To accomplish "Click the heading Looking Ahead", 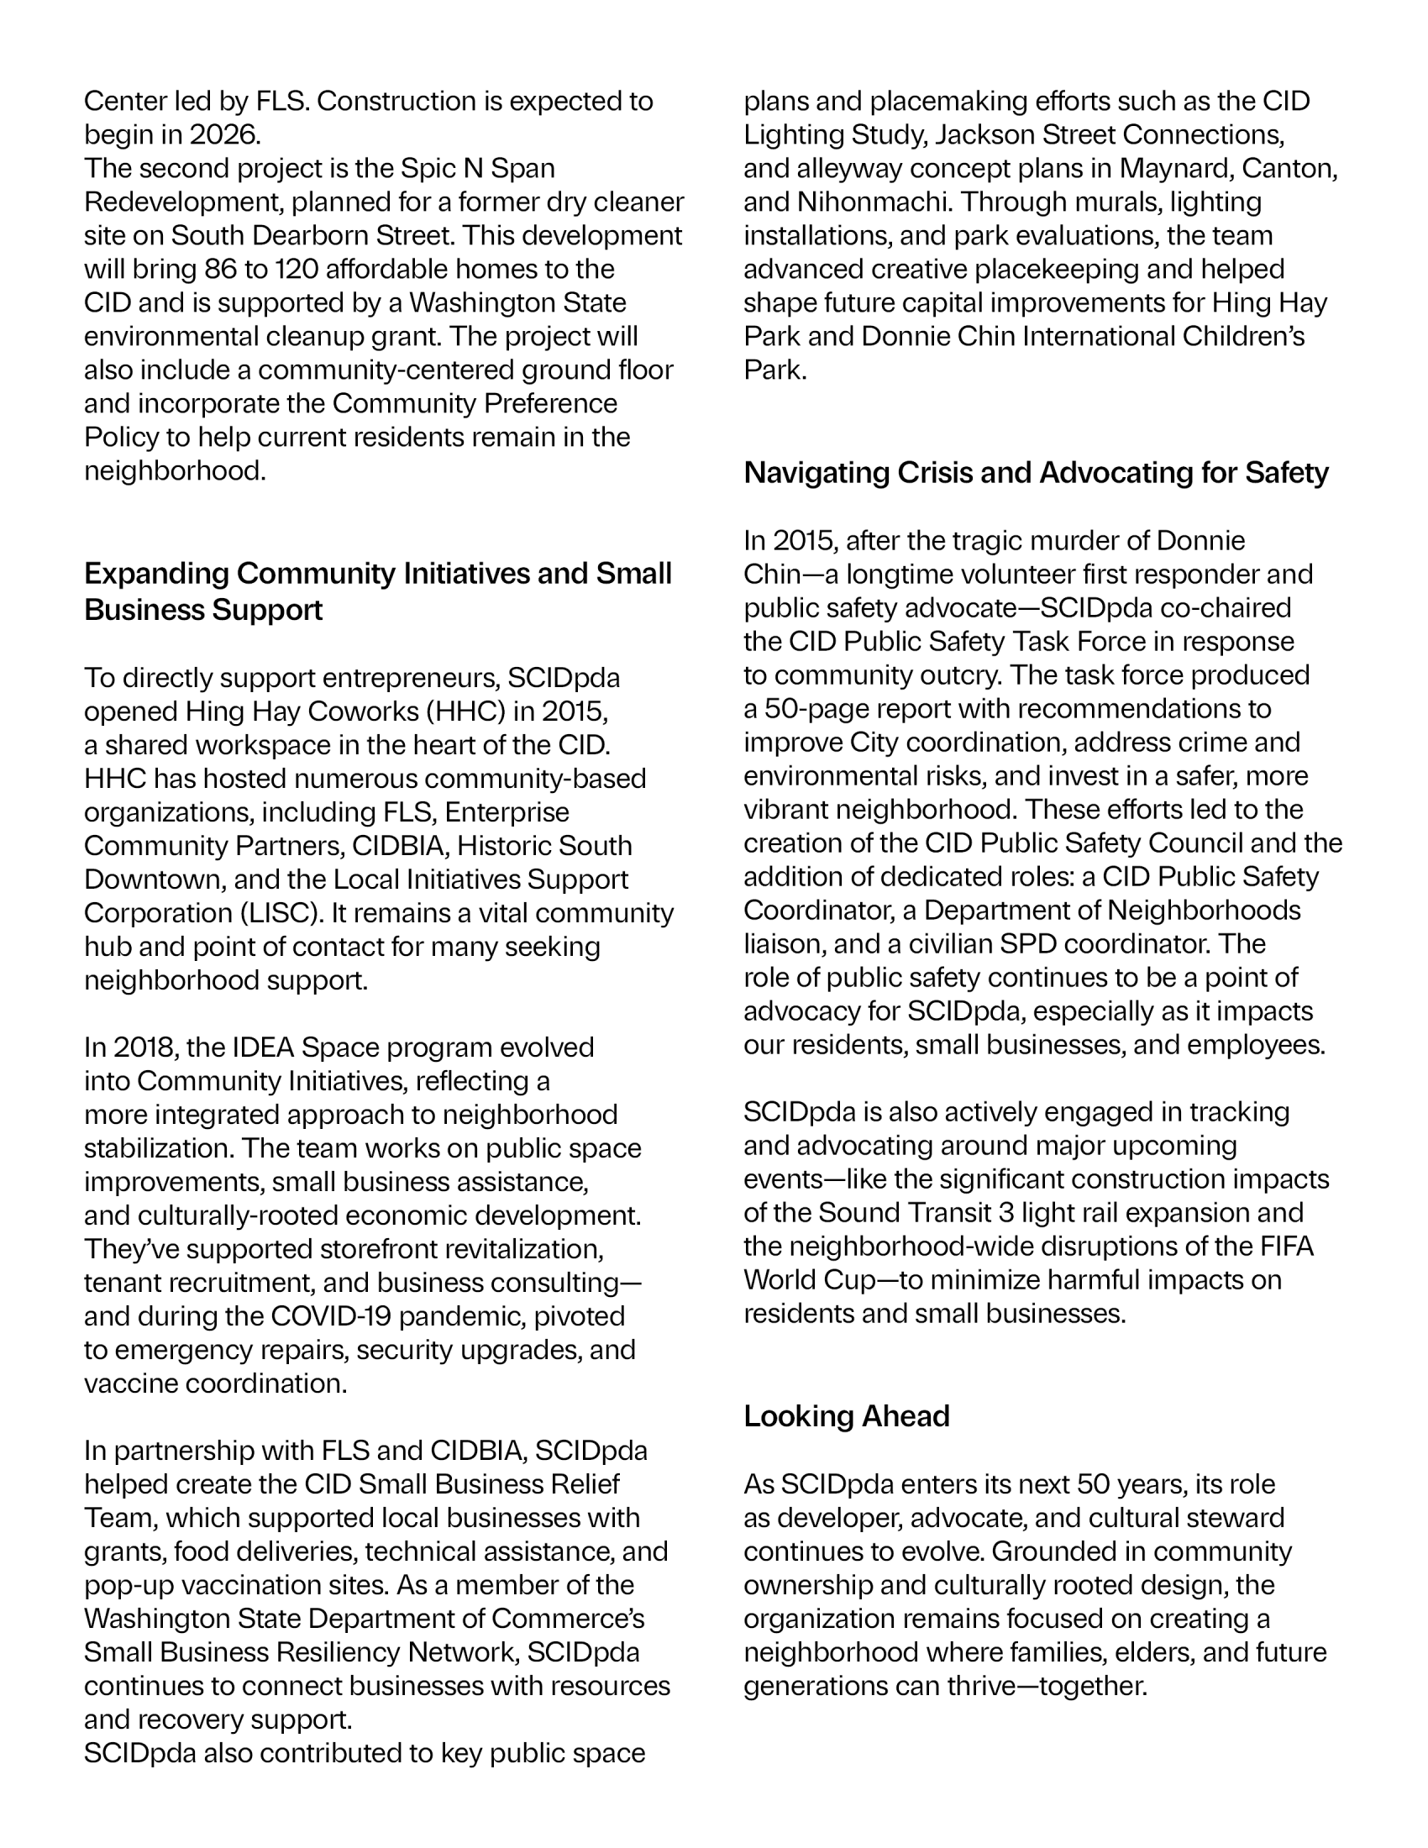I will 846,1416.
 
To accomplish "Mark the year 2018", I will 142,1047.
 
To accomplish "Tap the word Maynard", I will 1176,168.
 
